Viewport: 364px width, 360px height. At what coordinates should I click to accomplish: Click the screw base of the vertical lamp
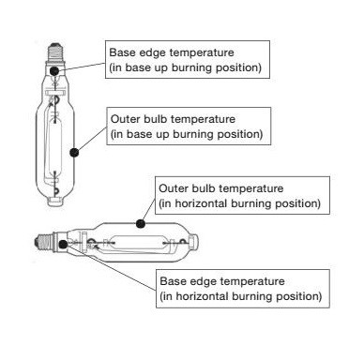pos(55,52)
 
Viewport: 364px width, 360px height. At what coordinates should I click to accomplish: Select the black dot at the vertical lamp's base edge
pos(54,70)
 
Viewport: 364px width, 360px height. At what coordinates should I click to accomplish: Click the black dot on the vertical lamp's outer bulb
pos(74,153)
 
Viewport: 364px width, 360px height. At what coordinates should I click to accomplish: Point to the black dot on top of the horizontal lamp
pos(141,223)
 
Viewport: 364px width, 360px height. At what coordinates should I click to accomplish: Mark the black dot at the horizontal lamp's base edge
pos(63,245)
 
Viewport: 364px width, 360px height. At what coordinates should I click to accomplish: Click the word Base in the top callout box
pos(119,52)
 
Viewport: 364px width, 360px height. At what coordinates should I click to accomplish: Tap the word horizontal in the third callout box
pos(201,203)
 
